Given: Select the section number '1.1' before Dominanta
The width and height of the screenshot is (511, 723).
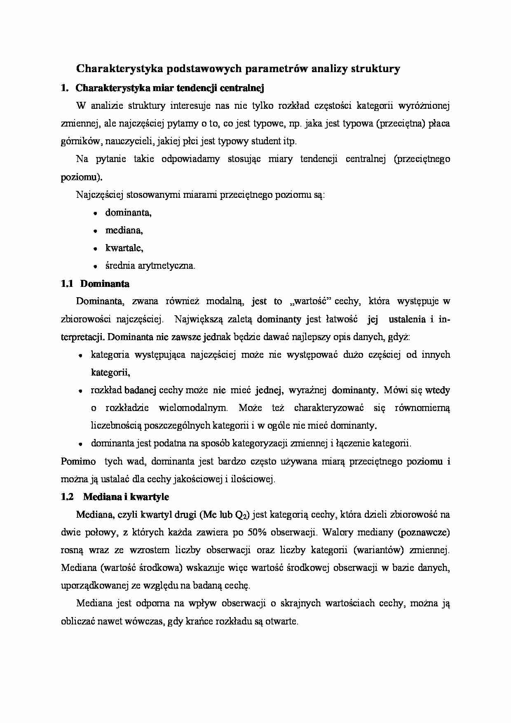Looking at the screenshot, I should (67, 284).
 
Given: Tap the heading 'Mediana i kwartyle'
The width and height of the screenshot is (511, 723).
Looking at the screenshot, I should (126, 497).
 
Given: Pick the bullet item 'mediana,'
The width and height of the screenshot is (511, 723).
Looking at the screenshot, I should (124, 230).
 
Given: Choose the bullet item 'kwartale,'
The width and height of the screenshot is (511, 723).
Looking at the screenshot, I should (124, 248).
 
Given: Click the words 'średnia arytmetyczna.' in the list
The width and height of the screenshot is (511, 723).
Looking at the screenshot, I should (150, 266).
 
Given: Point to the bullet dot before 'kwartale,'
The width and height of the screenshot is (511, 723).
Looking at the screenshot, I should (95, 249).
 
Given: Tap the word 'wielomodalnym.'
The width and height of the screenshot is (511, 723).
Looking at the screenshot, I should (193, 408).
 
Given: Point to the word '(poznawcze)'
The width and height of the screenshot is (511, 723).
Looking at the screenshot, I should (424, 532).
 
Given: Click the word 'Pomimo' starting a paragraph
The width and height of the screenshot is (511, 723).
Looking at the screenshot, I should (78, 461).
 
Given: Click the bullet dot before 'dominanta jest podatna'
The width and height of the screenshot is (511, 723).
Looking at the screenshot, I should (81, 444).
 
